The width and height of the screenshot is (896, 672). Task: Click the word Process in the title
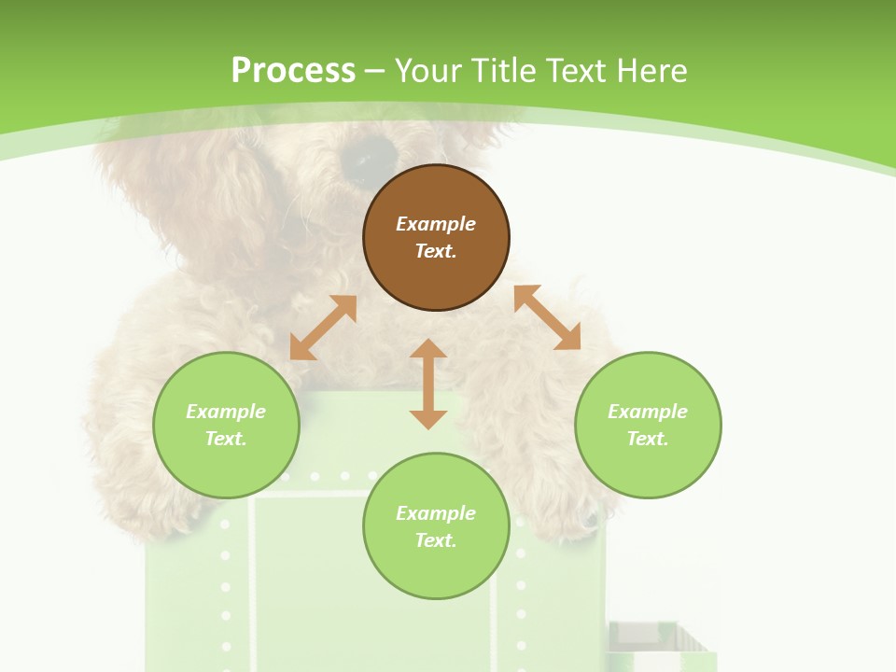[293, 71]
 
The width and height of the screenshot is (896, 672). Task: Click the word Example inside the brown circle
[436, 224]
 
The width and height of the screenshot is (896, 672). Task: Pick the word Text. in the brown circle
[436, 251]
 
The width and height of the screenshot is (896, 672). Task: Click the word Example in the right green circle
[648, 412]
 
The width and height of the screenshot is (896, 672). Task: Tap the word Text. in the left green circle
[226, 439]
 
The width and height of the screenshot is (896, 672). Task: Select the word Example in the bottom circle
[436, 513]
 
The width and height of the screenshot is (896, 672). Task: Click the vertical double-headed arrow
[428, 384]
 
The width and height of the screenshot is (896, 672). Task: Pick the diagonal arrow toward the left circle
[323, 328]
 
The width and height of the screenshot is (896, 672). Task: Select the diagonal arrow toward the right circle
[547, 317]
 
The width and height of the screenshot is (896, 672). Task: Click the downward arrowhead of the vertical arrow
[428, 418]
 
